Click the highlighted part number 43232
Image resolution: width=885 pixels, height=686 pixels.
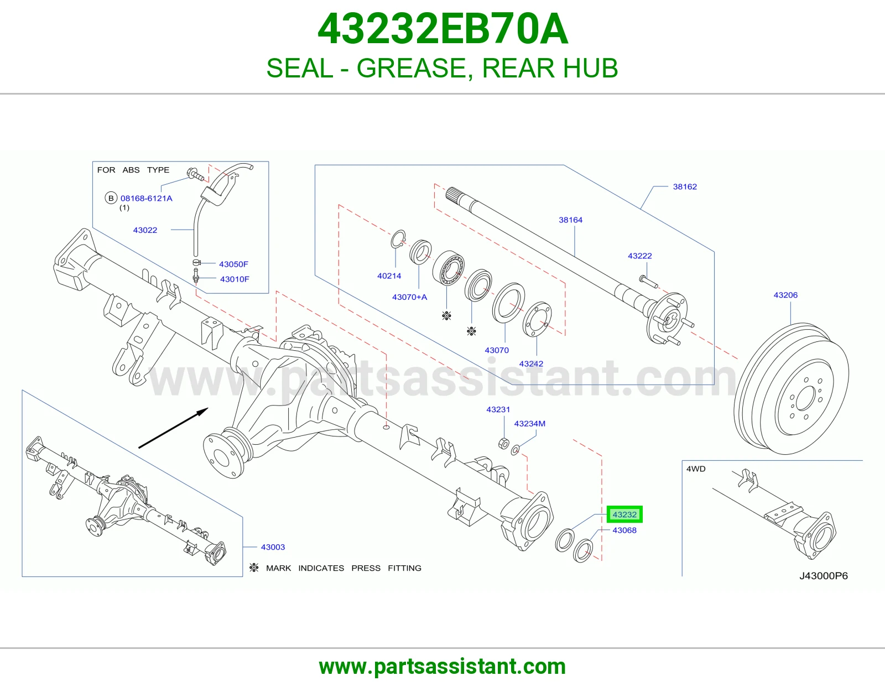click(x=624, y=514)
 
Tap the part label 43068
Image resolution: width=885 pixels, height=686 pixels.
click(x=624, y=531)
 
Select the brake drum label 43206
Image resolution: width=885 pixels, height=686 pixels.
click(x=785, y=295)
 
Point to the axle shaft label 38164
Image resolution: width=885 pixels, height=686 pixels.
click(x=570, y=220)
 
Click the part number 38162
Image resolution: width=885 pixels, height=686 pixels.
click(x=685, y=186)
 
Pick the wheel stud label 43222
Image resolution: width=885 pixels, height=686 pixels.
click(x=639, y=256)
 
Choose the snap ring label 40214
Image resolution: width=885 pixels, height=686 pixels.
click(x=389, y=276)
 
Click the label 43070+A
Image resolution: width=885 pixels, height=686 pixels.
click(x=409, y=297)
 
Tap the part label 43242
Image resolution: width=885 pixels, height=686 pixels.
click(x=530, y=364)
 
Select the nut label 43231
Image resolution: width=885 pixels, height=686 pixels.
click(x=498, y=409)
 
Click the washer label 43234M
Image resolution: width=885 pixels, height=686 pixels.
click(x=529, y=424)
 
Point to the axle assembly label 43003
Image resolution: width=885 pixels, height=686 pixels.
click(x=273, y=547)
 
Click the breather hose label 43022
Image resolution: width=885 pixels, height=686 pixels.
click(x=145, y=230)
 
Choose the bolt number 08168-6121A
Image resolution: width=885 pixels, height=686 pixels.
click(x=146, y=199)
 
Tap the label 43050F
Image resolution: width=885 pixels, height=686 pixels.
click(x=233, y=264)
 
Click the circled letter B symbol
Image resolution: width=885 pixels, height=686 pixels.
click(x=111, y=199)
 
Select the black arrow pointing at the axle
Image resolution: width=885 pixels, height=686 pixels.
click(x=174, y=428)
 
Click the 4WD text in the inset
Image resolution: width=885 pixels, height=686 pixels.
click(x=696, y=469)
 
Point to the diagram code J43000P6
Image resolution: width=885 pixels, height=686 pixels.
click(x=823, y=575)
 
